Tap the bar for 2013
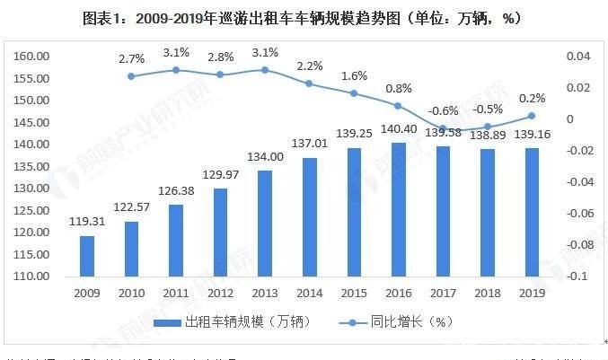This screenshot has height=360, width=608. (x=263, y=224)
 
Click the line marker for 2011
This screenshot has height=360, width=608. (x=177, y=70)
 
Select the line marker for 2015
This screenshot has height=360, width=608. (x=354, y=93)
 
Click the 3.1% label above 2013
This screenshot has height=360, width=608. (x=263, y=52)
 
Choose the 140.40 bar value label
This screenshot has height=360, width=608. (x=400, y=129)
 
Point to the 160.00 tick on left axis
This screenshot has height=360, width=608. (x=31, y=56)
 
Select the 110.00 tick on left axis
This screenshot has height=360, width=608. (x=31, y=277)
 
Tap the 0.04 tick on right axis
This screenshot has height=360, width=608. (x=577, y=56)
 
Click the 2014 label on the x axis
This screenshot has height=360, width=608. (x=308, y=294)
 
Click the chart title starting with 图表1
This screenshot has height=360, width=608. (x=303, y=18)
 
